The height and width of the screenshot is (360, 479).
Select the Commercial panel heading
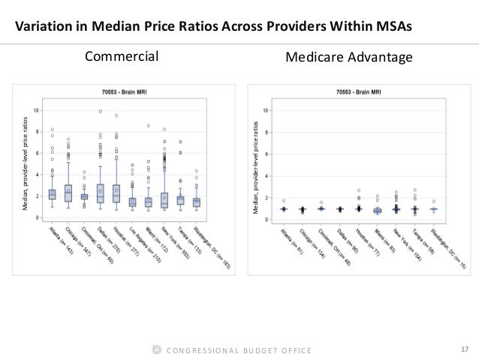click(x=122, y=56)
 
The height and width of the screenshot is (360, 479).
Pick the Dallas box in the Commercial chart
click(x=100, y=194)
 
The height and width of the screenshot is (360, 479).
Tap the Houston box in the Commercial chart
click(x=116, y=195)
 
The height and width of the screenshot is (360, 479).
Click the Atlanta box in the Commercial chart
click(x=53, y=195)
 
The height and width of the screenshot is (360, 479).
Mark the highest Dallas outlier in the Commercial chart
click(x=100, y=111)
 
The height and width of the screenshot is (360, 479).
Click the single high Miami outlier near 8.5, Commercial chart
click(x=149, y=126)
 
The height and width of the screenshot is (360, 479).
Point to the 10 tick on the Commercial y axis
click(x=38, y=110)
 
